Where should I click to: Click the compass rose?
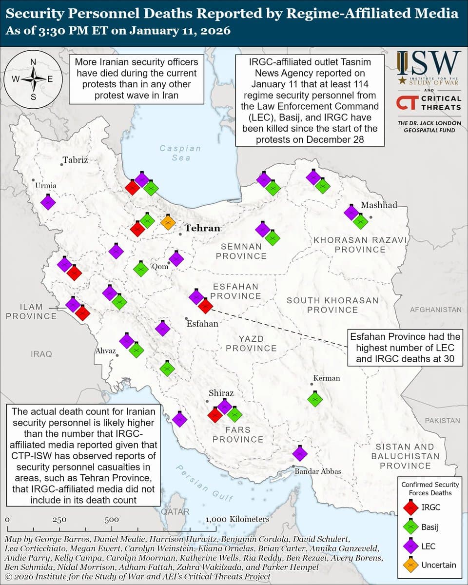[33, 78]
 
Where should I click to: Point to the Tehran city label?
[202, 228]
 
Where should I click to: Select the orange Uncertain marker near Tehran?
[168, 222]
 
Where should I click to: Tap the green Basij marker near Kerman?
[315, 399]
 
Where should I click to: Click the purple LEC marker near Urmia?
[48, 202]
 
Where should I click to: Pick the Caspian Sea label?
[180, 153]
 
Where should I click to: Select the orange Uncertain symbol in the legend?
[410, 565]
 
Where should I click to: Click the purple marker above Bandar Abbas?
[300, 453]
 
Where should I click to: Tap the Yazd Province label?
[251, 343]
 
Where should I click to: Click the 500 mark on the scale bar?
[112, 520]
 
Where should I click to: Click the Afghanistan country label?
[435, 310]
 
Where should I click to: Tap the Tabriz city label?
[75, 160]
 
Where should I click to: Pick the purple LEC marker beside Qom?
[176, 258]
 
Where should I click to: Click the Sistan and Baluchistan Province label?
[405, 456]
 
